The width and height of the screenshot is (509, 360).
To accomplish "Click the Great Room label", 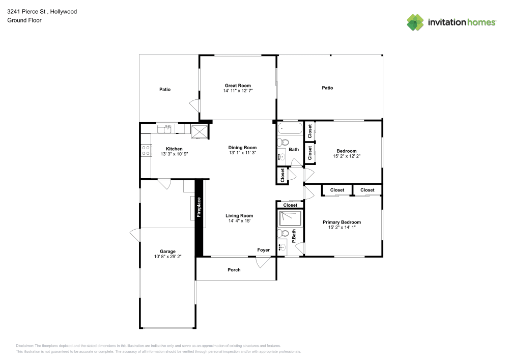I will [x=238, y=86].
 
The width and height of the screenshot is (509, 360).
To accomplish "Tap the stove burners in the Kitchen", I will [x=146, y=150].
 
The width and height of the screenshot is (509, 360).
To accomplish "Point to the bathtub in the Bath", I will [x=290, y=128].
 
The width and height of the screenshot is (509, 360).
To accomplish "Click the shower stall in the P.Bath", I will [x=290, y=218].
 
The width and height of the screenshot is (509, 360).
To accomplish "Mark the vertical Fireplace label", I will [x=199, y=207].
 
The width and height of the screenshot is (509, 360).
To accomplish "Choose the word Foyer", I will [x=263, y=250].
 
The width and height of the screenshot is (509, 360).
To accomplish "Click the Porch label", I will [x=234, y=269].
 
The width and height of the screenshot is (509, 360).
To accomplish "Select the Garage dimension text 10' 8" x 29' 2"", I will [x=167, y=257].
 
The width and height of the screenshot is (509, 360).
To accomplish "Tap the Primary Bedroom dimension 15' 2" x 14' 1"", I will [x=342, y=228].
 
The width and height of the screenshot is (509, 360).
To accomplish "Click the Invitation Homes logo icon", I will [x=415, y=22].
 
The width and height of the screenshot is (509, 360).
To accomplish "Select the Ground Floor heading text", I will [x=24, y=20].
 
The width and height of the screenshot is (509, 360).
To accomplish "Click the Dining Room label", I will [x=242, y=147].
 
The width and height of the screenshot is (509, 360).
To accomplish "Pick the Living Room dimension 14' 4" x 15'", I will [x=239, y=221].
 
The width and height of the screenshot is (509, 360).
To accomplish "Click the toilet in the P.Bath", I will [x=283, y=233].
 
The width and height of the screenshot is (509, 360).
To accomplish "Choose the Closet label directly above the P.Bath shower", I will [x=290, y=205].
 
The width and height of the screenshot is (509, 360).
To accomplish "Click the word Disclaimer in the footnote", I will [x=25, y=345].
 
